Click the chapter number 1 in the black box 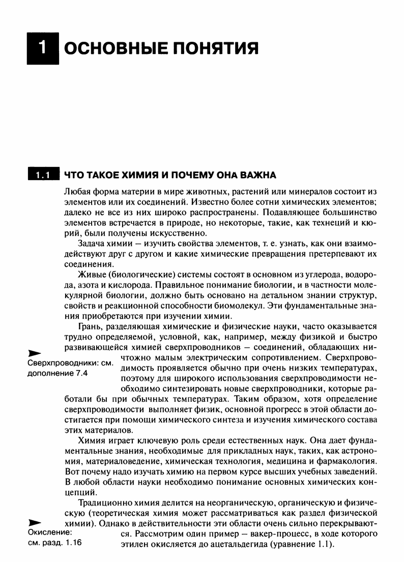[44, 48]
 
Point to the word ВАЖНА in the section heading [258, 176]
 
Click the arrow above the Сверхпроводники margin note [34, 352]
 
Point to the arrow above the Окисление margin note [34, 522]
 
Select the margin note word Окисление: [49, 532]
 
